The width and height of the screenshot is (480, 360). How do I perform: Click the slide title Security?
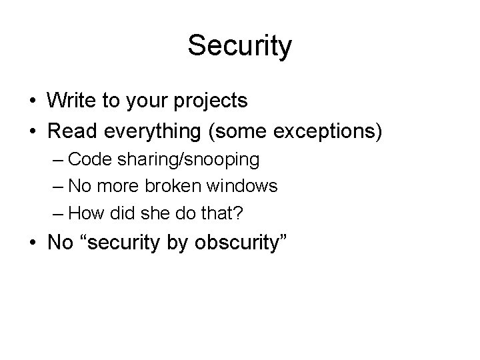tap(239, 46)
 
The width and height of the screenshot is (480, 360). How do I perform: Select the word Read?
tap(69, 131)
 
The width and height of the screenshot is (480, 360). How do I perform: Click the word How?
tap(82, 214)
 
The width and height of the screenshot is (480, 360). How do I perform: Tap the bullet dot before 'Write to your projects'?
tap(32, 102)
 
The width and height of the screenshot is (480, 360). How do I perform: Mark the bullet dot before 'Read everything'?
tap(32, 131)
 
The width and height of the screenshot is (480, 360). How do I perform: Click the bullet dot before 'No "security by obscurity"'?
tap(32, 243)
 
